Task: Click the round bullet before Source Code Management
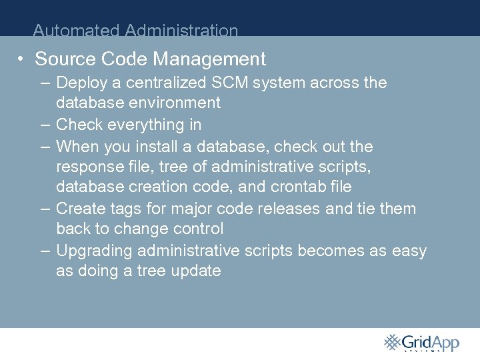(22, 59)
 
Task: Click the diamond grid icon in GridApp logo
(393, 342)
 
